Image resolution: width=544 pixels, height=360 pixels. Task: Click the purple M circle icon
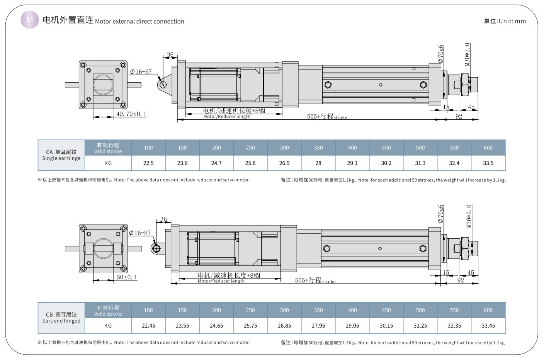pos(30,19)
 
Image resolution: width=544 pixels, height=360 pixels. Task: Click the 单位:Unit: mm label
pos(505,21)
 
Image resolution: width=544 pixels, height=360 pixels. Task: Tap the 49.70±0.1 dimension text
pos(131,114)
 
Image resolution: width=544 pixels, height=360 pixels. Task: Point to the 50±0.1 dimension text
pos(127,277)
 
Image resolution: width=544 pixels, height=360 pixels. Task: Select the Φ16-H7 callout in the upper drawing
pos(141,72)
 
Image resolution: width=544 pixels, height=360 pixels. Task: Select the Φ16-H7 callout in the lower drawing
pos(140,233)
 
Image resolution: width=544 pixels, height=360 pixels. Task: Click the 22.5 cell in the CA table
pos(148,163)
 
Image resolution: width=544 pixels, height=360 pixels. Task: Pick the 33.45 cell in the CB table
pos(488,326)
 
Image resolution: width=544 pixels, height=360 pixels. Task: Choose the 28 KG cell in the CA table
pos(318,163)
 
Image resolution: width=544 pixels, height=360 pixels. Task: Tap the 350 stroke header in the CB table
pos(318,310)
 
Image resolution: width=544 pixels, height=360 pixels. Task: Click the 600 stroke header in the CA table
pos(488,148)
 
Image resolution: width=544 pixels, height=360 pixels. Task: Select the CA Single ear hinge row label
pos(61,155)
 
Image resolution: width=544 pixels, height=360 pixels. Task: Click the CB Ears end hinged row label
pos(61,318)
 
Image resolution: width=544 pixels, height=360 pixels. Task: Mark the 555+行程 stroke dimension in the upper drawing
pos(327,116)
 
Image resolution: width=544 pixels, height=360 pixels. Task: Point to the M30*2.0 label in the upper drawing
pos(467,54)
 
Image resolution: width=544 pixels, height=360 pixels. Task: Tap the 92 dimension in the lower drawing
pos(461,280)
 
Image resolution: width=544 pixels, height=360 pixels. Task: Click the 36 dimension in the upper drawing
pos(170,55)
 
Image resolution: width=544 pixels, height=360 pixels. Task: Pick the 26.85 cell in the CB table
pos(284,326)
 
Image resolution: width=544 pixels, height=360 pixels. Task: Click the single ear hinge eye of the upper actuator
pos(163,85)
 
